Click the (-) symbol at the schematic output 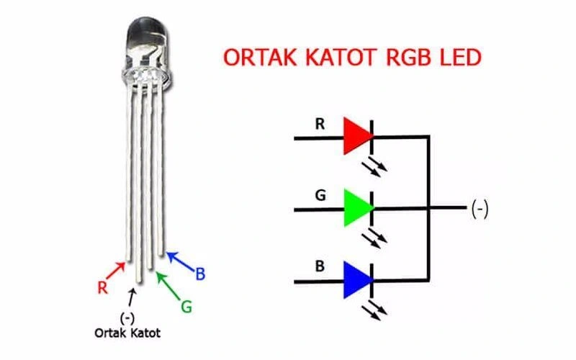click(480, 209)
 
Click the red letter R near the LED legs click(103, 287)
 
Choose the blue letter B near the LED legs click(201, 274)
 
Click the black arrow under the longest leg click(130, 297)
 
